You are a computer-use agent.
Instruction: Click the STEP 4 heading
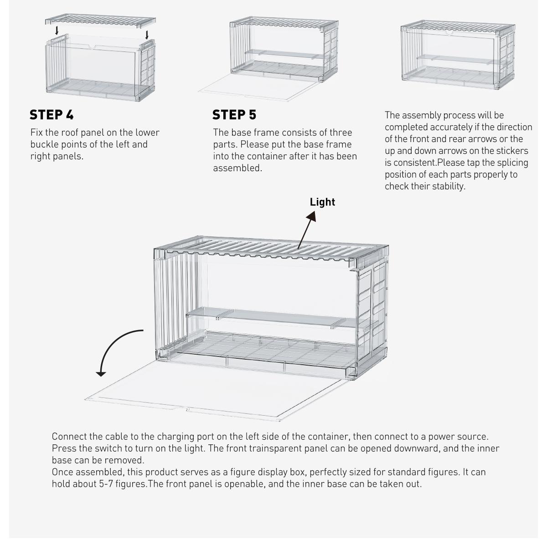(52, 115)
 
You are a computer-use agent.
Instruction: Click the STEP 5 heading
(234, 115)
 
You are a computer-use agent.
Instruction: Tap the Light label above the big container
(322, 202)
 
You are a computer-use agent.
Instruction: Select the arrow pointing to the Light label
(306, 230)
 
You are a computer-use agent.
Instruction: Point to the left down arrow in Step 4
(57, 31)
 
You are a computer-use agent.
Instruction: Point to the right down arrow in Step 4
(147, 34)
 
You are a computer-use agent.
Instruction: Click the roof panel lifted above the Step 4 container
(100, 21)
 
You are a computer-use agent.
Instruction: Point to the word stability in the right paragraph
(447, 186)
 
